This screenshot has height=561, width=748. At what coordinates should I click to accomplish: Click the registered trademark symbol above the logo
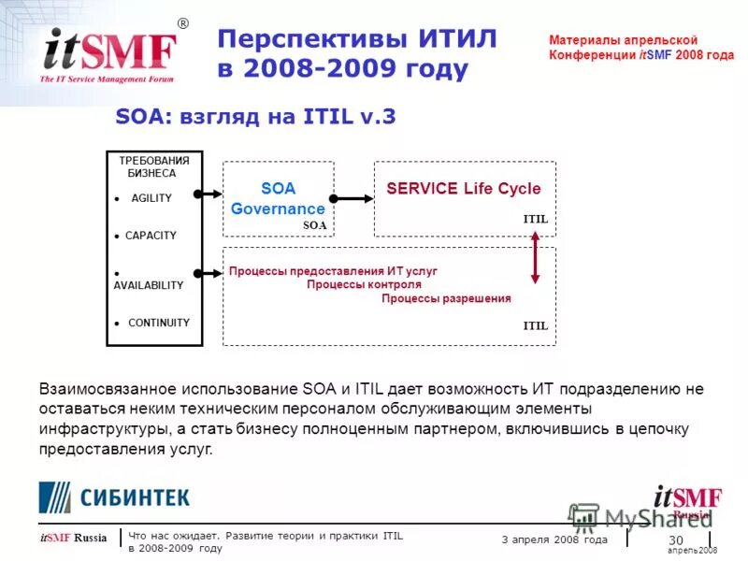[x=182, y=23]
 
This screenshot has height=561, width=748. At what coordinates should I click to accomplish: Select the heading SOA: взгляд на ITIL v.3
[x=255, y=117]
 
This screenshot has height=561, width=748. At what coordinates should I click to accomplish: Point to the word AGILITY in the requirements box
[x=151, y=198]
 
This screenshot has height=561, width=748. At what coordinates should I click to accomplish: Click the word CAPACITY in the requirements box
[x=151, y=236]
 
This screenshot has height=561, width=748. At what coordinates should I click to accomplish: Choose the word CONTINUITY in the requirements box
[x=158, y=323]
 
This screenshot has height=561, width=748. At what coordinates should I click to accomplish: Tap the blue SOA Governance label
[x=278, y=199]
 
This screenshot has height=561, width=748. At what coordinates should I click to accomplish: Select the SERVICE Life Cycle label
[x=464, y=189]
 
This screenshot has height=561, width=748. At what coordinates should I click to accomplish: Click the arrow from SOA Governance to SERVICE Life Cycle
[x=352, y=198]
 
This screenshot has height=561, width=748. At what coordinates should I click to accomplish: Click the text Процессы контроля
[x=364, y=284]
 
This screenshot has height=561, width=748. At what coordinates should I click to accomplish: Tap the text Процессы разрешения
[x=446, y=298]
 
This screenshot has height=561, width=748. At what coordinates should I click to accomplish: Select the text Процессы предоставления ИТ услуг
[x=333, y=271]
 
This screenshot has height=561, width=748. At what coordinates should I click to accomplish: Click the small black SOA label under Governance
[x=315, y=225]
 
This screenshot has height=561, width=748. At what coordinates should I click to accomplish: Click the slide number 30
[x=676, y=541]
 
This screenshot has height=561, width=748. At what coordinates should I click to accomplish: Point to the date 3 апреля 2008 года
[x=554, y=539]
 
